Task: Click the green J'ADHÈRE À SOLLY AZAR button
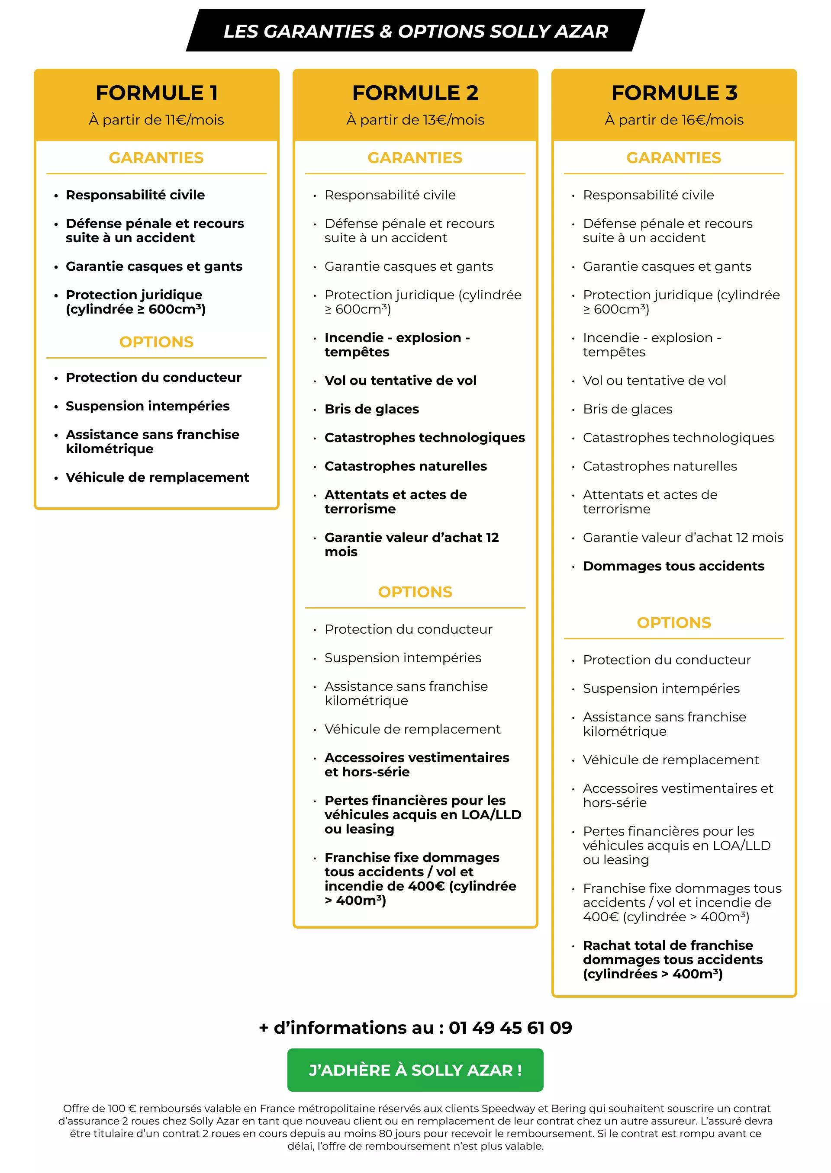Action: tap(415, 1070)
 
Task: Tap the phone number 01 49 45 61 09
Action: tap(510, 1027)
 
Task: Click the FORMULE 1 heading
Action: tap(157, 93)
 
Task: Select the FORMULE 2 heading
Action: tap(415, 93)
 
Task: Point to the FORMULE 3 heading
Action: tap(674, 93)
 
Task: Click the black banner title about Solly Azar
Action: tap(415, 31)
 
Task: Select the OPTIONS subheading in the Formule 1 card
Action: tap(157, 342)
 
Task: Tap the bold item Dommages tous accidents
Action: tap(673, 566)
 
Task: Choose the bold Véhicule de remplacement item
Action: tap(157, 477)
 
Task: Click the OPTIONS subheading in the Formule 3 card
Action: tap(674, 622)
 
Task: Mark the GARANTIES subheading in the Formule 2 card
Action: tap(415, 157)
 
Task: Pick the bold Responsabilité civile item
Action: tap(135, 195)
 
